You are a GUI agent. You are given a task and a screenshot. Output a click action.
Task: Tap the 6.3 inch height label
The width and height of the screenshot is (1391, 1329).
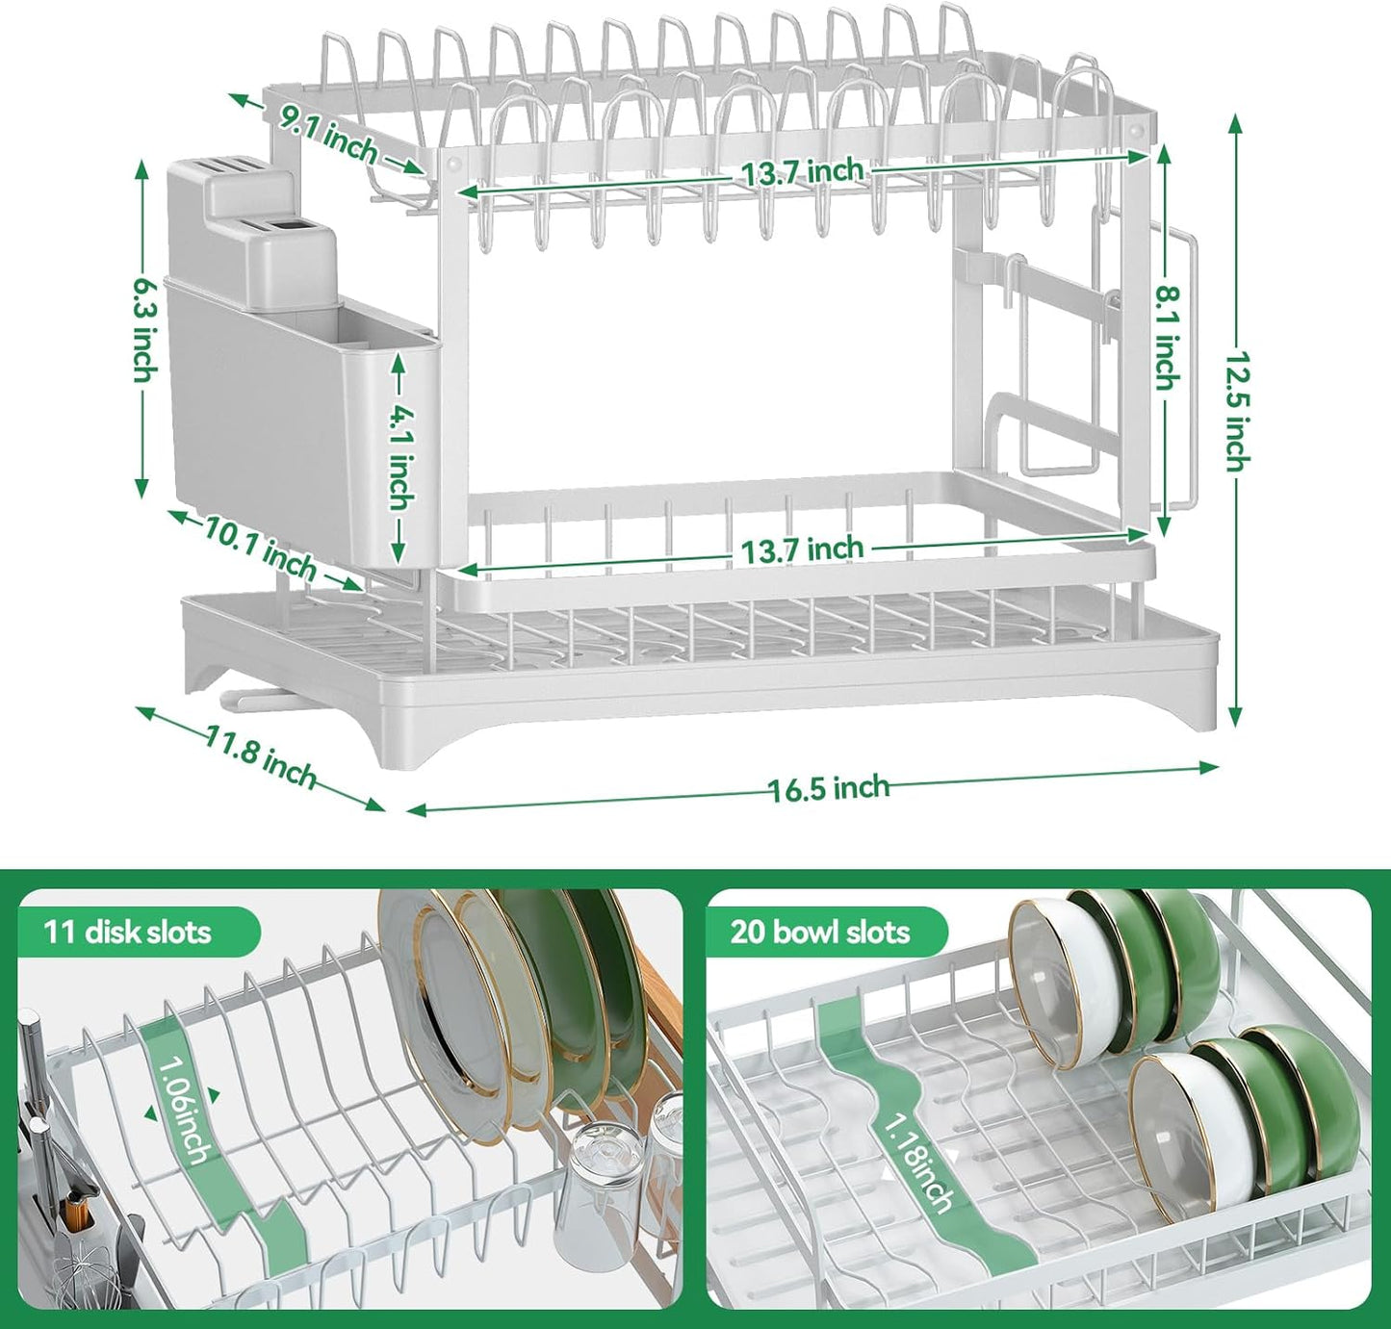[142, 329]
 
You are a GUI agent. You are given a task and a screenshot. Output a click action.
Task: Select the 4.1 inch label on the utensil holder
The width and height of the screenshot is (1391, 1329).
[400, 458]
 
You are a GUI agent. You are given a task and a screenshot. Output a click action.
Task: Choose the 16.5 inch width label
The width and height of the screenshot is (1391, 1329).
[828, 788]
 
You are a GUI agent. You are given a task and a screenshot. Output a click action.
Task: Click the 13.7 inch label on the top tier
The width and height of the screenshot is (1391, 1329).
[802, 173]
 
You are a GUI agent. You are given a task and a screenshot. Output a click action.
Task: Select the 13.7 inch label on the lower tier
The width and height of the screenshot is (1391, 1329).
[802, 550]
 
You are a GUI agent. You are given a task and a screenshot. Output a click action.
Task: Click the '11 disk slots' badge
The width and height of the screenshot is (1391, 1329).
[128, 932]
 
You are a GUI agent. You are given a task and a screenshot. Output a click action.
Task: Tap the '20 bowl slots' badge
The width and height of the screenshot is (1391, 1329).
[819, 932]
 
